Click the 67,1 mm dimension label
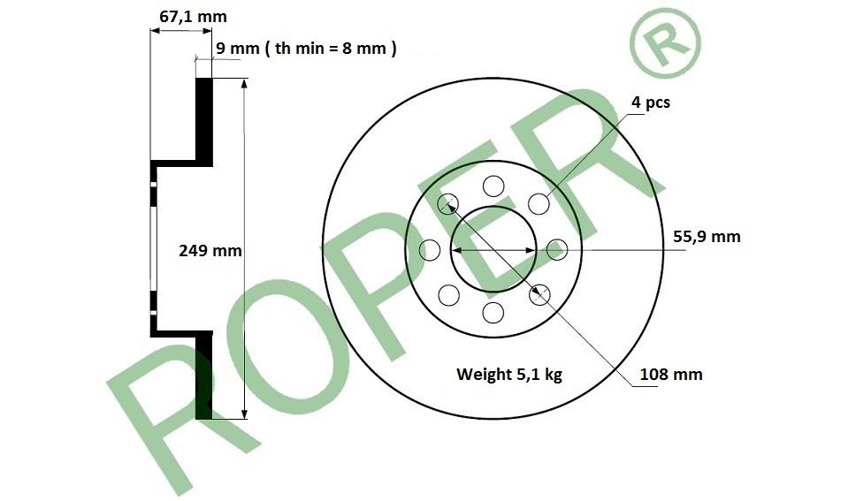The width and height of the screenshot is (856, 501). point(193,17)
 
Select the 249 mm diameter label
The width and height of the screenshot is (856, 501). point(210,251)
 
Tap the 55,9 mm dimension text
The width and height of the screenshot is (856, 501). point(707,236)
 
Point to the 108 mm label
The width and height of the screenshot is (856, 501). point(671,374)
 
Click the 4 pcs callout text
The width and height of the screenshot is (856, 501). point(651,102)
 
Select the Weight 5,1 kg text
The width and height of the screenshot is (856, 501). point(509,374)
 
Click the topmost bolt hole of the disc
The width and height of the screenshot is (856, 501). point(493,186)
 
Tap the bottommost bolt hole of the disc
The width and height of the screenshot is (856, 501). point(493,313)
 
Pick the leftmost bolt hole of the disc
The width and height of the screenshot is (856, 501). point(430,250)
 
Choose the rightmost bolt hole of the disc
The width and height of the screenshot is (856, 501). point(557,250)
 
